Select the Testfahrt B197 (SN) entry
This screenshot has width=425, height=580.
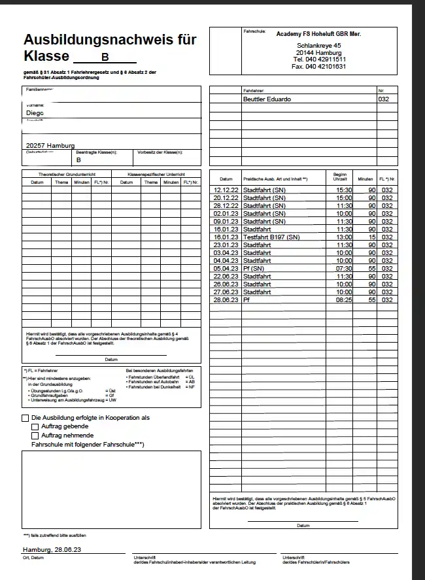(x=271, y=237)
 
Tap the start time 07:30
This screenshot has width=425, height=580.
(x=343, y=268)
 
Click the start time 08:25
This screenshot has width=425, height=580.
(x=343, y=299)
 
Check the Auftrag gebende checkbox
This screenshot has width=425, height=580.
(x=35, y=426)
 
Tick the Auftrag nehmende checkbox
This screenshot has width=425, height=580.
(x=35, y=435)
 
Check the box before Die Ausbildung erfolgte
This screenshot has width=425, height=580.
(x=25, y=418)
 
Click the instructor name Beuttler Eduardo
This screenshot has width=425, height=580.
(x=267, y=99)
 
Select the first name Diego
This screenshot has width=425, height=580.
(x=35, y=112)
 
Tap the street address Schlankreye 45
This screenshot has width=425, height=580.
(x=320, y=44)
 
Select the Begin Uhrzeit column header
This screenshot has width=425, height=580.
(x=340, y=177)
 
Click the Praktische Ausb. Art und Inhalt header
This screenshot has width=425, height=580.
(x=275, y=179)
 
